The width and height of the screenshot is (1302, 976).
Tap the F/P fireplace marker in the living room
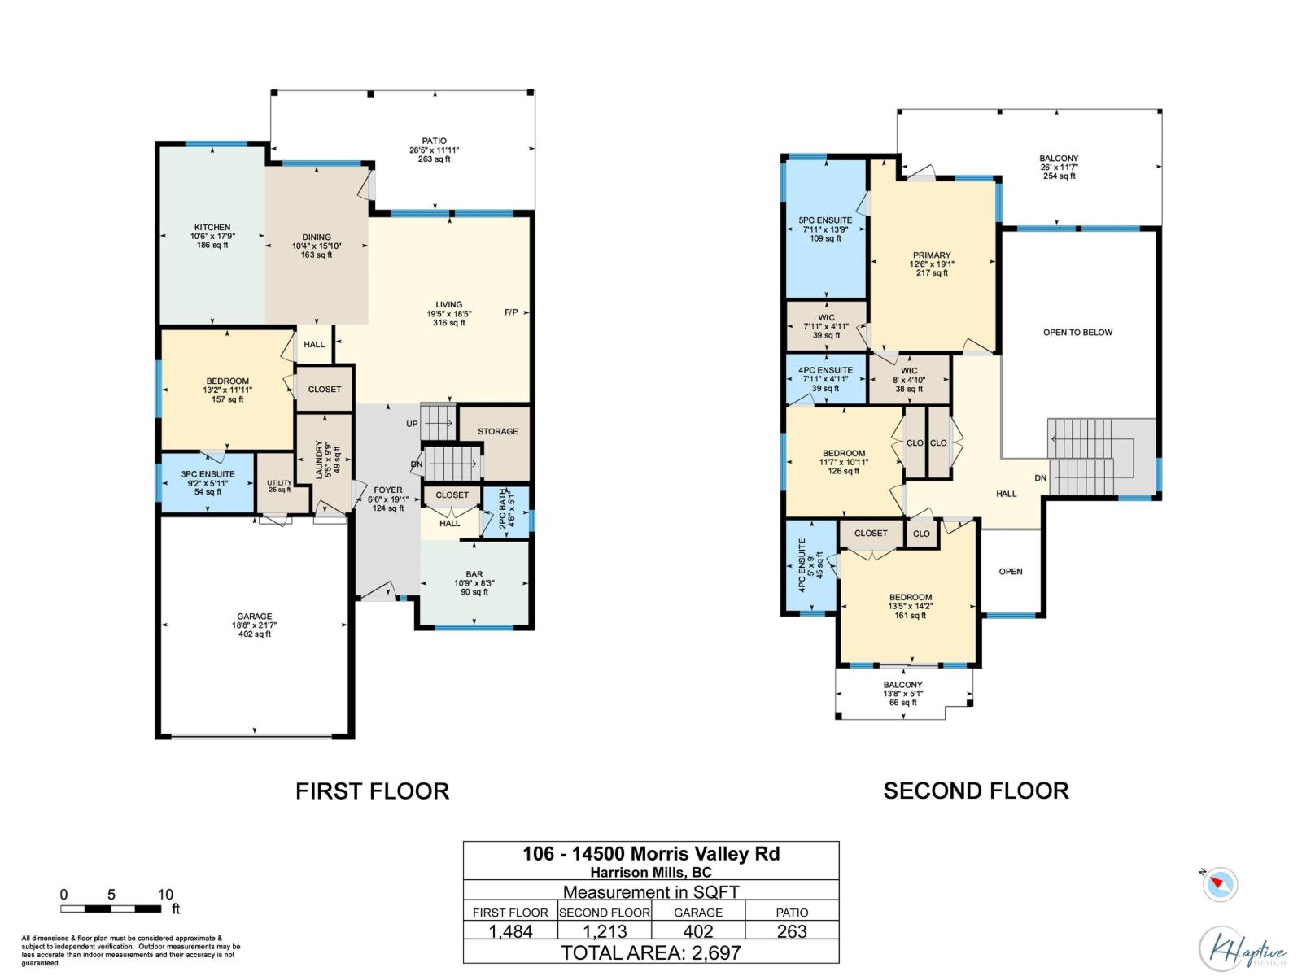[x=511, y=312]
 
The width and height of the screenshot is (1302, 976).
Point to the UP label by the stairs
[x=412, y=424]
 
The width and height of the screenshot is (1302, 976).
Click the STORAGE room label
[x=497, y=432]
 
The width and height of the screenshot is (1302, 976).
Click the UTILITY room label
[x=279, y=485]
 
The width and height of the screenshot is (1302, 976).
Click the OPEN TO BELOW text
[x=1077, y=333]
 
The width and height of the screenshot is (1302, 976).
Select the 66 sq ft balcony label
[x=902, y=694]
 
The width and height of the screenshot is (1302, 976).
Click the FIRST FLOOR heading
[x=372, y=791]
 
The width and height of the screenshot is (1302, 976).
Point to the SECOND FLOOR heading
[x=976, y=791]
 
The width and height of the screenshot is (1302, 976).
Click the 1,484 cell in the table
[x=510, y=932]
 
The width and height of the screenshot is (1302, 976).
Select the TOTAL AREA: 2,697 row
[x=651, y=952]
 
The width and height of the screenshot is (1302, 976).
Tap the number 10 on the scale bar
[x=165, y=895]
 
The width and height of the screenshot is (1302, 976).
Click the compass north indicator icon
[x=1221, y=884]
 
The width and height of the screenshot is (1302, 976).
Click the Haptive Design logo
[x=1243, y=949]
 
